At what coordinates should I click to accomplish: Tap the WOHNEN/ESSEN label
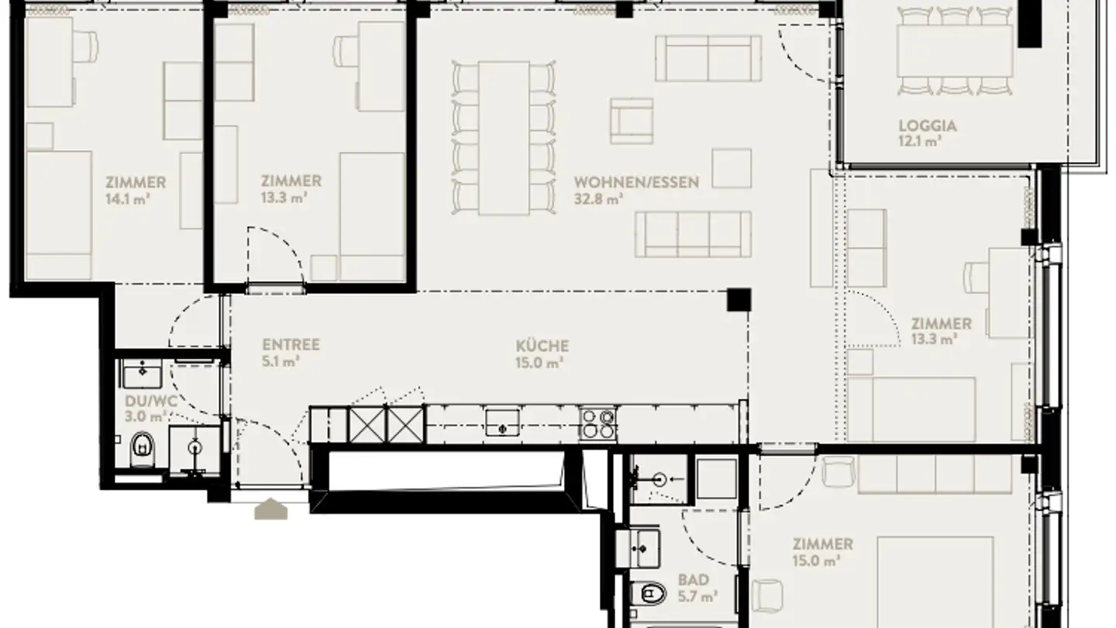[x=636, y=183]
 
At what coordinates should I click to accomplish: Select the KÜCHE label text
[x=542, y=346]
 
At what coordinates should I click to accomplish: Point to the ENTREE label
[x=291, y=345]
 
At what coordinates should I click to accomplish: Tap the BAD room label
[x=693, y=580]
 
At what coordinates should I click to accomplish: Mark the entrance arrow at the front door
[x=270, y=509]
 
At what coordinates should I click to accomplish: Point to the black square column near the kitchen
[x=738, y=300]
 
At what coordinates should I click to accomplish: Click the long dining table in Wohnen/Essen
[x=504, y=137]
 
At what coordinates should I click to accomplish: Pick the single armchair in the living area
[x=631, y=120]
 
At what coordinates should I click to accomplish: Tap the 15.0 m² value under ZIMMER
[x=821, y=561]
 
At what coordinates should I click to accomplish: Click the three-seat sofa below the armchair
[x=693, y=234]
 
